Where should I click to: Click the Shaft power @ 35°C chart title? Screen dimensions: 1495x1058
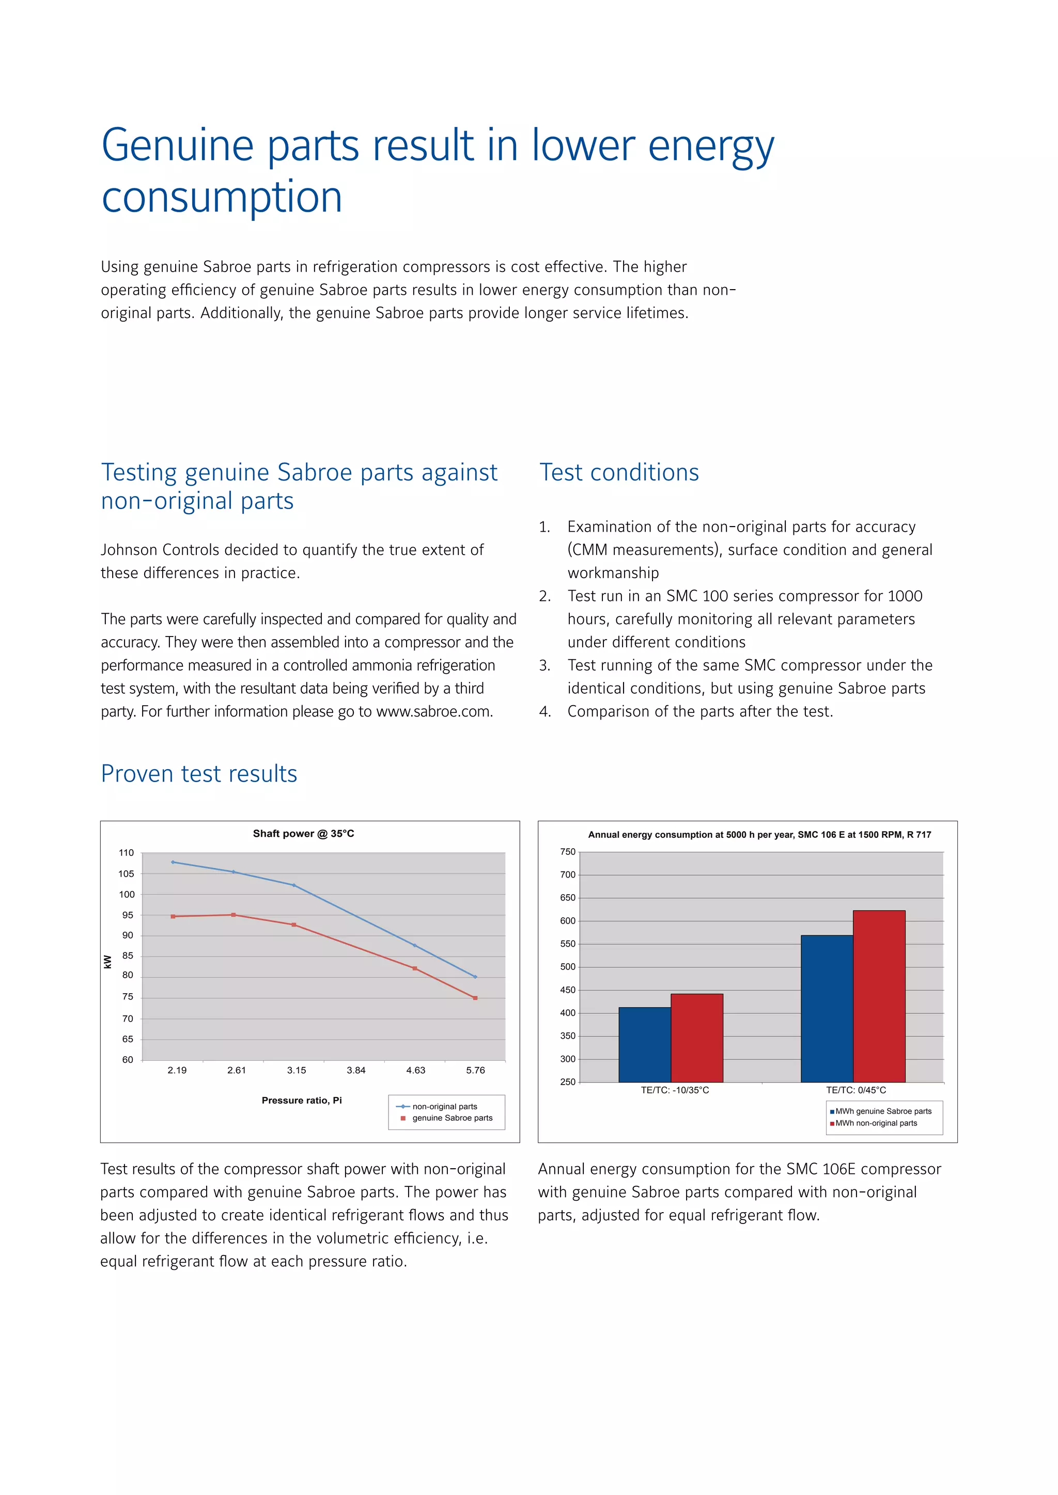[304, 833]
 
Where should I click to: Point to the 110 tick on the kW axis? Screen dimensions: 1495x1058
[127, 852]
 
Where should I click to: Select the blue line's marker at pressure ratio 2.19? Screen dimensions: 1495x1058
[173, 862]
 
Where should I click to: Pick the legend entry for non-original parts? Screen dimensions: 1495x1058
[444, 1106]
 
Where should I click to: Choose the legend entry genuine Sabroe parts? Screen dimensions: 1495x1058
[452, 1118]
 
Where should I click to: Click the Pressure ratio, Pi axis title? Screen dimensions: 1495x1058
[302, 1101]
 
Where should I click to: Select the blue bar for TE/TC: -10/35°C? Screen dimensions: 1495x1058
[644, 1044]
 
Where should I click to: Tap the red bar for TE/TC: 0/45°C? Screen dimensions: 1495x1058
[879, 996]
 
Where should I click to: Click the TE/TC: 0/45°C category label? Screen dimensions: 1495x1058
[856, 1090]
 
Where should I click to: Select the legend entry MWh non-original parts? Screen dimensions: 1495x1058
[876, 1123]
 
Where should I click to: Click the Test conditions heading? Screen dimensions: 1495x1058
[619, 472]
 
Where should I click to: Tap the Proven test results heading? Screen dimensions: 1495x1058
[199, 773]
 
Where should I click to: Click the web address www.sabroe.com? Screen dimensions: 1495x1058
[434, 712]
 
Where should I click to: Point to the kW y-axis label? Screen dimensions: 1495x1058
[107, 962]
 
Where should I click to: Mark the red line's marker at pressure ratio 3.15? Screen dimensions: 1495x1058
[294, 925]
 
